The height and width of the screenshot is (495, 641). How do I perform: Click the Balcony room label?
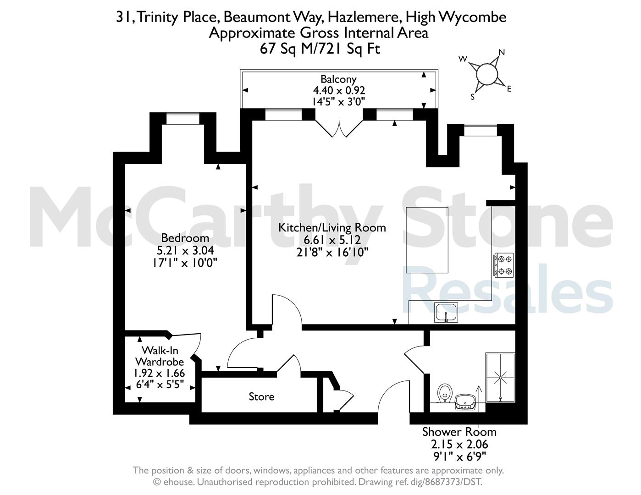pyautogui.click(x=338, y=79)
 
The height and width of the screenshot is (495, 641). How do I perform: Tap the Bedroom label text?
pyautogui.click(x=185, y=237)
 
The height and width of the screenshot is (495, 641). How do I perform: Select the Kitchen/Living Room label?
pyautogui.click(x=332, y=228)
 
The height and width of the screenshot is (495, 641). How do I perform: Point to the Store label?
pyautogui.click(x=261, y=396)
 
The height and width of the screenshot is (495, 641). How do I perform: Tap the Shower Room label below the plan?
pyautogui.click(x=459, y=432)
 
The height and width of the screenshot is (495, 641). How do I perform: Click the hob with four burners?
pyautogui.click(x=504, y=265)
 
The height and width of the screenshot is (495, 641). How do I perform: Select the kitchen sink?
pyautogui.click(x=446, y=312)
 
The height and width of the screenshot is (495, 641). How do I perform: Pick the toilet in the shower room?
pyautogui.click(x=445, y=393)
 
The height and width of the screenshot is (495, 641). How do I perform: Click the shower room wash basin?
pyautogui.click(x=465, y=402)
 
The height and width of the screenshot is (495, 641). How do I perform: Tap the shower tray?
pyautogui.click(x=500, y=378)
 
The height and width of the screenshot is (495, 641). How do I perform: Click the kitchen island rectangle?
pyautogui.click(x=427, y=240)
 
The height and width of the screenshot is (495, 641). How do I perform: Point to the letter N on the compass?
pyautogui.click(x=502, y=52)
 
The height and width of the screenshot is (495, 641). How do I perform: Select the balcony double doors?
pyautogui.click(x=339, y=129)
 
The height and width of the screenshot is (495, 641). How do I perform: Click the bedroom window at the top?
pyautogui.click(x=183, y=119)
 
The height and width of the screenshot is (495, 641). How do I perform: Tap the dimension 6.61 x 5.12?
pyautogui.click(x=332, y=240)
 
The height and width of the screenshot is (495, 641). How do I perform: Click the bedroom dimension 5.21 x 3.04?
pyautogui.click(x=185, y=250)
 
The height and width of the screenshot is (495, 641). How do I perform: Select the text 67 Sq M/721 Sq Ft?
pyautogui.click(x=320, y=49)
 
